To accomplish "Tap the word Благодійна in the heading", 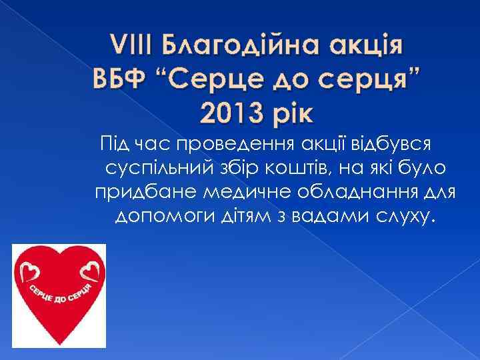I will [x=231, y=47].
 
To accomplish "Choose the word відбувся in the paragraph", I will [x=389, y=143].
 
